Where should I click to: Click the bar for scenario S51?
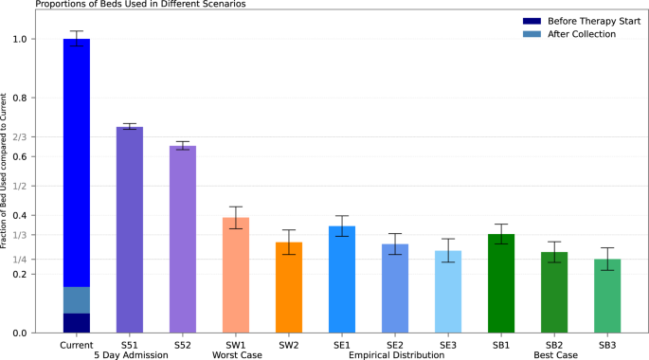130,230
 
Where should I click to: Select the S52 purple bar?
183,240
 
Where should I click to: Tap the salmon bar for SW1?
236,276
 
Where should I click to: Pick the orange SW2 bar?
289,288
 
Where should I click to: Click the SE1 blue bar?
342,279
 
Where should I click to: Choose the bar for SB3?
607,297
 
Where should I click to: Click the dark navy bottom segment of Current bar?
77,323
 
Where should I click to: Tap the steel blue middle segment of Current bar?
77,299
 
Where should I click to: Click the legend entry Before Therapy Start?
587,20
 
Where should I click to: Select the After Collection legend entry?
581,34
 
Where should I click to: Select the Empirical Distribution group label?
396,354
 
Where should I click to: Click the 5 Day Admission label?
130,354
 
